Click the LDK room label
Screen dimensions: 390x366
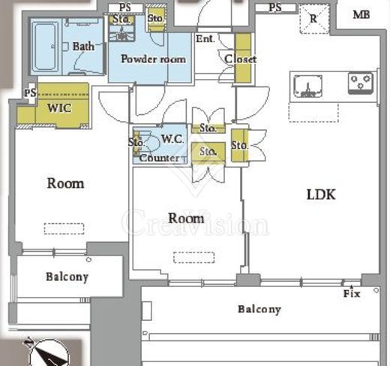coord(321,195)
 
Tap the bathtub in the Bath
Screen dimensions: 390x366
coord(46,47)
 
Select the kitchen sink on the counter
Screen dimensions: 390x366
coord(307,86)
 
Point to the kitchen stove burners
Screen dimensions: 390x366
coord(361,83)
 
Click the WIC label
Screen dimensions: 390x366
coord(59,108)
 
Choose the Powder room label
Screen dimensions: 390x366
coord(153,59)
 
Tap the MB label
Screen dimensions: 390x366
coord(361,15)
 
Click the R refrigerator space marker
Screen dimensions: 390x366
coord(313,19)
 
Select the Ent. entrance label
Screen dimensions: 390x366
coord(205,39)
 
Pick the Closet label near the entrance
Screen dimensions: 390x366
coord(241,59)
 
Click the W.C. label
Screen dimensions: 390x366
coord(172,139)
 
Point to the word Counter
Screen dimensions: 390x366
coord(160,158)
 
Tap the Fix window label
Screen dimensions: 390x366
coord(352,293)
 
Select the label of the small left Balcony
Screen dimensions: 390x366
coord(67,277)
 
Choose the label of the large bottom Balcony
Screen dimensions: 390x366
coord(259,309)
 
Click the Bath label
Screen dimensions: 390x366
coord(83,47)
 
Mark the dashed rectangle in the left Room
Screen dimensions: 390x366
coord(64,228)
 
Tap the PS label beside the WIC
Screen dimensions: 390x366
coord(30,93)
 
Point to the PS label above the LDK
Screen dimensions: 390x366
coord(275,8)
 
